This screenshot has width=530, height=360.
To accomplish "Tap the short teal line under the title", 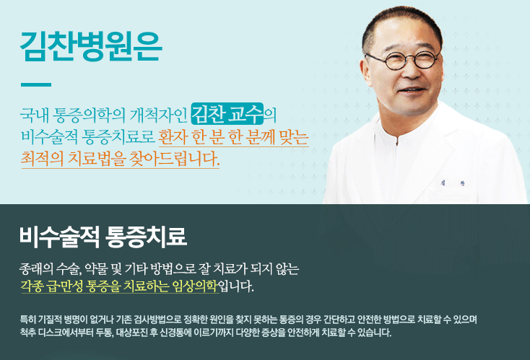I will point(36,84).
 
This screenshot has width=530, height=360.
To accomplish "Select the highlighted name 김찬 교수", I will point(227,114).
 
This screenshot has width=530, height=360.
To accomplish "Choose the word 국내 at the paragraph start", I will point(35,115).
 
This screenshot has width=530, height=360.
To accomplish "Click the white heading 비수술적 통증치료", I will point(103,236).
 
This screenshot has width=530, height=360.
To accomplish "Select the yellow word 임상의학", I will point(194,287).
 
